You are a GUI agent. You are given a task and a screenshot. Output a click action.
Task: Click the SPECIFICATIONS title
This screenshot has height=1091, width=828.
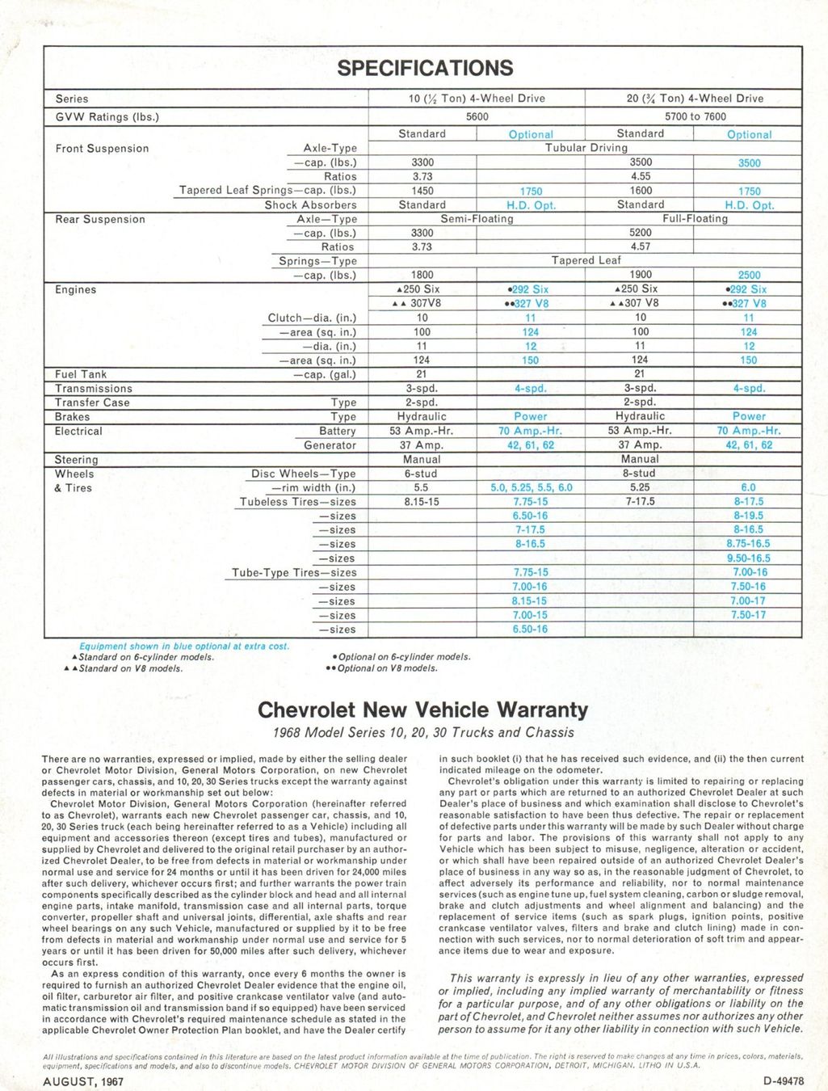[425, 68]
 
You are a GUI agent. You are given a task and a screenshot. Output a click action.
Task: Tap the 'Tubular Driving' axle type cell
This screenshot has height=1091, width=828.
[586, 148]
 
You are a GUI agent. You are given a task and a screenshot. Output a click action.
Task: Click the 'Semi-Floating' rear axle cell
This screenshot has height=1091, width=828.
[477, 219]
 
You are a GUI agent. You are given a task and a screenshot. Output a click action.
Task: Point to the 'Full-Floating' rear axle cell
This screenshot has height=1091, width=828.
[695, 219]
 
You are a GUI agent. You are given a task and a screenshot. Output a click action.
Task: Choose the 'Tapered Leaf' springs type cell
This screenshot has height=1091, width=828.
[586, 260]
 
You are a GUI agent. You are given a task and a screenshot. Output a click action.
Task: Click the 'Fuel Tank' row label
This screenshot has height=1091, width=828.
[81, 374]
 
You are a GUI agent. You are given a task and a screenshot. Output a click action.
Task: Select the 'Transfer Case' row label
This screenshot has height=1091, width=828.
[92, 402]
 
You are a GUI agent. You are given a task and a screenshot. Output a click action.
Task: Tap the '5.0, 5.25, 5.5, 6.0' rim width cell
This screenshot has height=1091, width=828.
[531, 487]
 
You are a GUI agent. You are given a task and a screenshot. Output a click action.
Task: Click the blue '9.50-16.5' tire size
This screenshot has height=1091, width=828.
[748, 558]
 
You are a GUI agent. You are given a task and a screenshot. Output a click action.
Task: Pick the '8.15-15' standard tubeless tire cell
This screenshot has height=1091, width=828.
[421, 502]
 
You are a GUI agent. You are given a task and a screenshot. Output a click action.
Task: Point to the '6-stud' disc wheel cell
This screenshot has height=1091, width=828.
[421, 474]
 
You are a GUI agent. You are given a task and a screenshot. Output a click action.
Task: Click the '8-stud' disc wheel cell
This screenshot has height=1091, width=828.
[639, 474]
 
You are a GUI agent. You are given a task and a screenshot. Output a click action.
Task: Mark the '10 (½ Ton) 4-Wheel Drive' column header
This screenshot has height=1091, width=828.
[477, 99]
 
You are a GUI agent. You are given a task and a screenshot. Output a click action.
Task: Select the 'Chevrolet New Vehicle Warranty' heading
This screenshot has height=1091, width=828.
[422, 710]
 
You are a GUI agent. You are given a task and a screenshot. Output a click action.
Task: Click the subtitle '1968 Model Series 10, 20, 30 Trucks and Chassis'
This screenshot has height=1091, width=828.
[423, 732]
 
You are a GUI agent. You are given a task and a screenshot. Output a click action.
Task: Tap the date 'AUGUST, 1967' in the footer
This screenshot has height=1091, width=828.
[83, 1081]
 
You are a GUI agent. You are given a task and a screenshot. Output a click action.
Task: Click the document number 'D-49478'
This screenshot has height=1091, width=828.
[782, 1081]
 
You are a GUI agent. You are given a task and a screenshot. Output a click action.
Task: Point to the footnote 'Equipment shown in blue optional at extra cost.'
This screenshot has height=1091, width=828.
[184, 646]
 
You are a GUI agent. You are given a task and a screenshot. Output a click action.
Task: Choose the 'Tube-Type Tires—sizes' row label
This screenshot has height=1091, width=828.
[294, 573]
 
